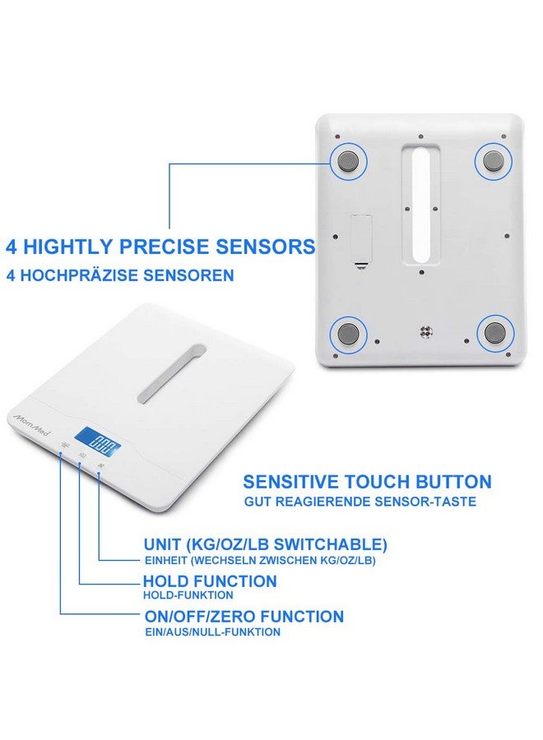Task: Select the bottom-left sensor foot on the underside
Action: pyautogui.click(x=346, y=333)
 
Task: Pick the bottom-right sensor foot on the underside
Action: pyautogui.click(x=495, y=333)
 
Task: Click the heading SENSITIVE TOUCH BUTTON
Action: pyautogui.click(x=367, y=482)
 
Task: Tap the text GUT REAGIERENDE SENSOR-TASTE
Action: pyautogui.click(x=359, y=502)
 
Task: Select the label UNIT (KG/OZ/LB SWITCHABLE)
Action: pyautogui.click(x=265, y=544)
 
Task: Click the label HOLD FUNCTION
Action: pyautogui.click(x=210, y=581)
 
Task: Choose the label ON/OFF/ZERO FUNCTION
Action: pyautogui.click(x=243, y=616)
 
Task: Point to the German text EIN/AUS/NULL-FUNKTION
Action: pyautogui.click(x=211, y=632)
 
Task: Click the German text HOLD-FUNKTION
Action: pyautogui.click(x=188, y=595)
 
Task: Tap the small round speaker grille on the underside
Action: pyautogui.click(x=425, y=333)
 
